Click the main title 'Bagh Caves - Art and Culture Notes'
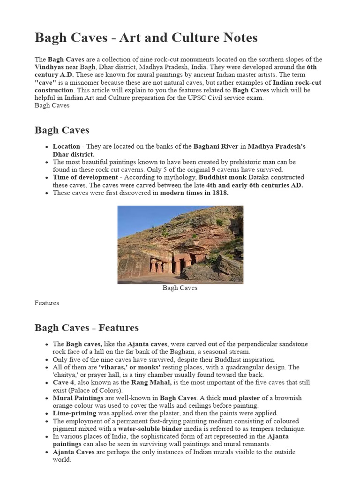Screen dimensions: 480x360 click(x=146, y=38)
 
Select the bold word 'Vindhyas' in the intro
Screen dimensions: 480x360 click(x=49, y=67)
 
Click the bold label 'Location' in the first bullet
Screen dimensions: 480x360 click(x=66, y=146)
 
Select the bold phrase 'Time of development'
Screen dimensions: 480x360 click(x=85, y=177)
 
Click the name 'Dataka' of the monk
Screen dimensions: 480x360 click(x=268, y=177)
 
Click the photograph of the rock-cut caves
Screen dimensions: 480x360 click(x=180, y=244)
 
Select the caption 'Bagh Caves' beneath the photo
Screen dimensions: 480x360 click(x=180, y=288)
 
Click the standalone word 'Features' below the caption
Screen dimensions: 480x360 click(x=47, y=303)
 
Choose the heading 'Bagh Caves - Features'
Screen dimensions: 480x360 click(x=86, y=328)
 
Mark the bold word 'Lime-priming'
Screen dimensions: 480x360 click(x=74, y=413)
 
